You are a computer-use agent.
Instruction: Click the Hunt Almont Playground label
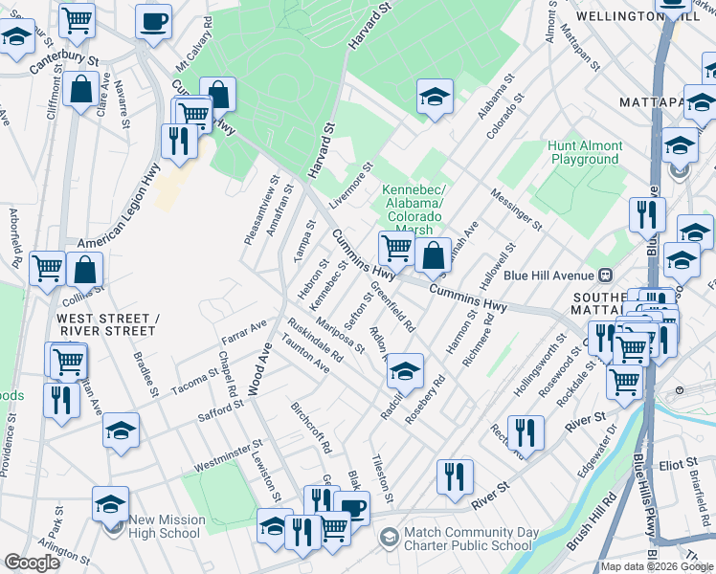click(x=585, y=153)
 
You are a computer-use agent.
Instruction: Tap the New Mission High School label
click(x=168, y=526)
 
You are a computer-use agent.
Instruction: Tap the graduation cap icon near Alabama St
click(x=435, y=97)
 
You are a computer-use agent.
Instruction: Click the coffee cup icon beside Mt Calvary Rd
click(x=153, y=20)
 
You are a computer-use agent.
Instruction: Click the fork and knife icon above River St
click(x=455, y=476)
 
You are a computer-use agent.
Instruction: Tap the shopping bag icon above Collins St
click(x=85, y=269)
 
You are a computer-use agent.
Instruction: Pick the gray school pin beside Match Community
click(x=390, y=539)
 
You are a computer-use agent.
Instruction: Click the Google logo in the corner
click(x=33, y=563)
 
